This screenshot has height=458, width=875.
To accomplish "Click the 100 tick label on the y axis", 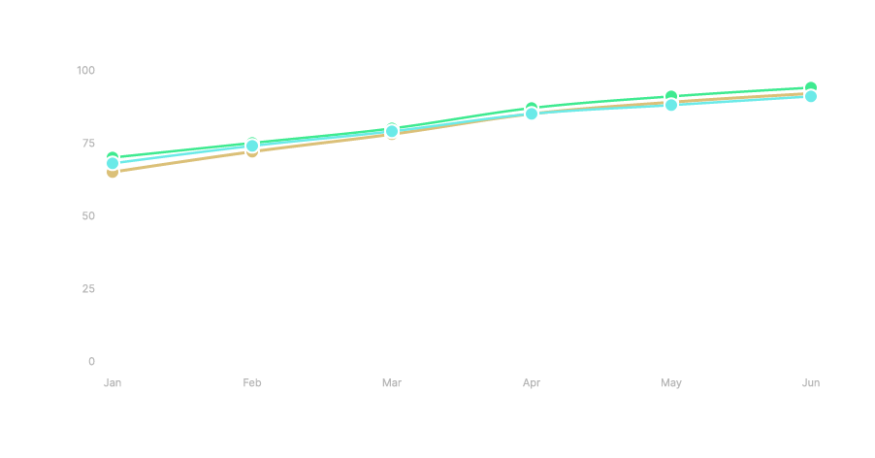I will point(85,70).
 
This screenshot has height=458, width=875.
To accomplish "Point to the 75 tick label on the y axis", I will point(88,143).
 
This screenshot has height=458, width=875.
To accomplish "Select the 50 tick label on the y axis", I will point(88,215).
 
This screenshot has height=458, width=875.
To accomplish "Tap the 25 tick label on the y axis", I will point(88,288).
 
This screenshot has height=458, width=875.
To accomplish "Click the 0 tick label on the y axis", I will point(91,361).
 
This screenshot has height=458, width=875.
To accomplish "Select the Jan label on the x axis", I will point(113,383).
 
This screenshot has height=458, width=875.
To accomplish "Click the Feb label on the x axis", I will point(252,383).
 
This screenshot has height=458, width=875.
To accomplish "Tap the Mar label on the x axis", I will point(392,383).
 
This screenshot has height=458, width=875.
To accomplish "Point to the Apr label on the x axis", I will point(532,383).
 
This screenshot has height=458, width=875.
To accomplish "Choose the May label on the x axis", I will point(671,383).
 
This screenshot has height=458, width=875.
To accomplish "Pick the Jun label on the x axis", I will point(811,383).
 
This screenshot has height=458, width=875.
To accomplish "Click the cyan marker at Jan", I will point(113,163).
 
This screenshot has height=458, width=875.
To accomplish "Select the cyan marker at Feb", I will point(252,146).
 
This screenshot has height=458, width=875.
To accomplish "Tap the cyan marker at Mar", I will point(392,131).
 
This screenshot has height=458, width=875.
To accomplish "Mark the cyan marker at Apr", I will point(532,114).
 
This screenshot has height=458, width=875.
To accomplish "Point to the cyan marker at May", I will point(671,105).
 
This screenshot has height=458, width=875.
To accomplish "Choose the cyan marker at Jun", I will point(811,96).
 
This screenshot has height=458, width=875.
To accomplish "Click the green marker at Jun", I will point(811,87).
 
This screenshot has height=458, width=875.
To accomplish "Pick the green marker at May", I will point(671,96).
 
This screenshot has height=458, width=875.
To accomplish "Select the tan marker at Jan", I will point(113,173).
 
